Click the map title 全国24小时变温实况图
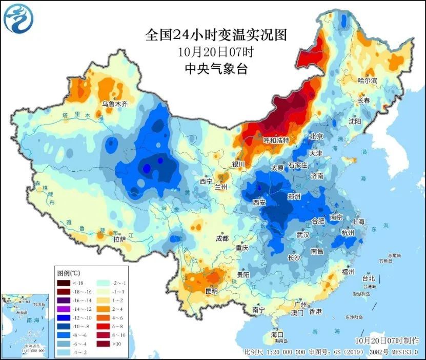pos(215,35)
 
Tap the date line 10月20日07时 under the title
pos(215,52)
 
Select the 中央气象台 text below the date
pos(215,69)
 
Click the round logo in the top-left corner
pos(18,18)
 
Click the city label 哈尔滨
pos(367,81)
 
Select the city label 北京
pos(316,136)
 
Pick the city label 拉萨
pos(119,238)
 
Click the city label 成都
pos(222,238)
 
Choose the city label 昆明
pos(211,291)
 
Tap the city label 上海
pos(358,222)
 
